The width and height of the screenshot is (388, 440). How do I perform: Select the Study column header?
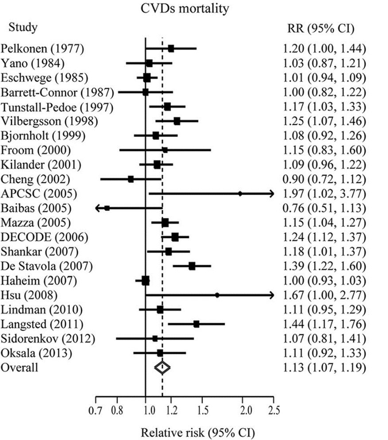point(23,27)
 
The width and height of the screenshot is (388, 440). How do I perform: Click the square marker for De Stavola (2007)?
point(192,266)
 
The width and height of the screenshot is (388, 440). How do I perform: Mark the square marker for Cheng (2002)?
point(131,179)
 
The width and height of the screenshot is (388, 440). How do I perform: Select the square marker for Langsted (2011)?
point(196,324)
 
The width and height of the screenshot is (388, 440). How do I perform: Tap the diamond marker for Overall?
point(162,367)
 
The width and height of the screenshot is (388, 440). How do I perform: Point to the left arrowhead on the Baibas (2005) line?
point(98,208)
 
